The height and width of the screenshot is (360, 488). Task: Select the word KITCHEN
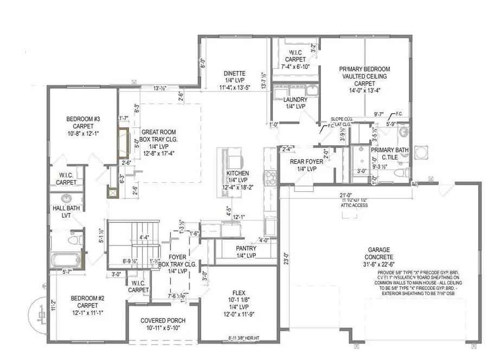point(237,173)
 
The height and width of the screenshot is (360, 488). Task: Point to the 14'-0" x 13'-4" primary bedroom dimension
point(364,92)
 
